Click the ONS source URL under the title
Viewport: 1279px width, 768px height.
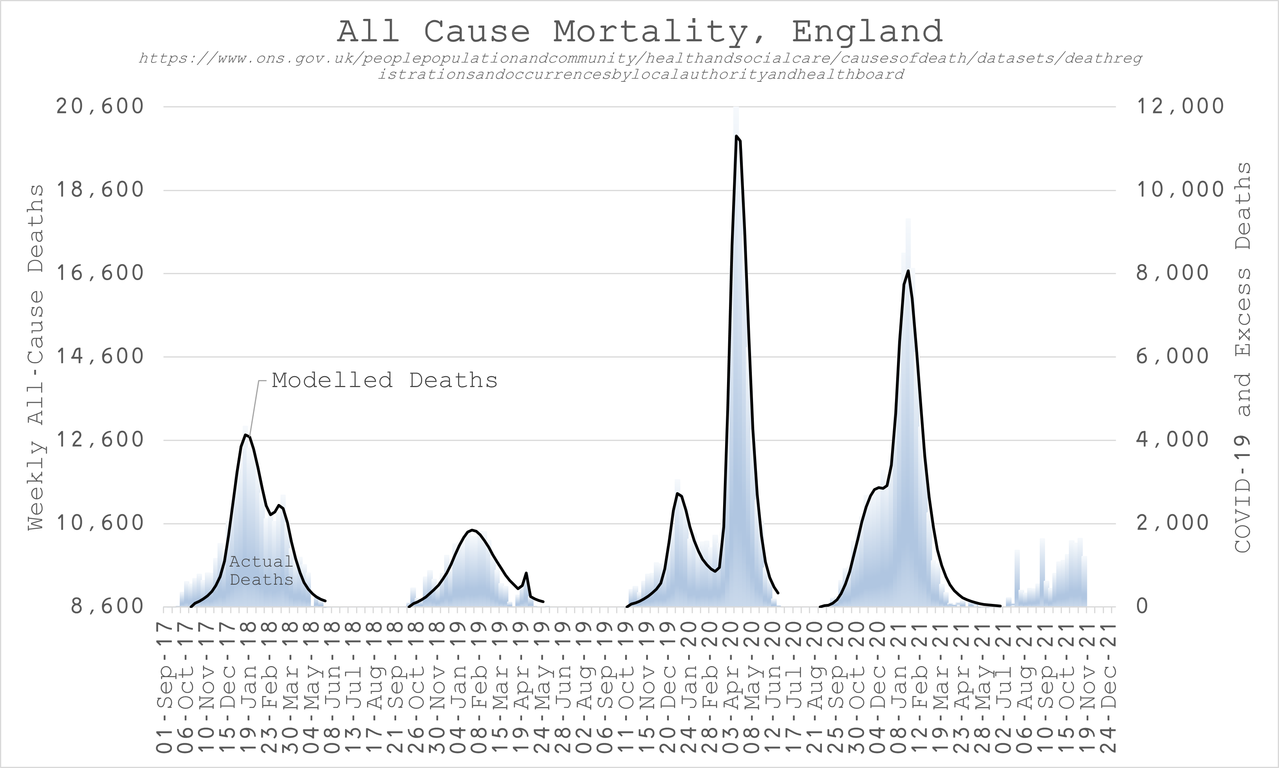pyautogui.click(x=640, y=66)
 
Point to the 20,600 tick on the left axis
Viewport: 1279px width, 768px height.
pyautogui.click(x=100, y=106)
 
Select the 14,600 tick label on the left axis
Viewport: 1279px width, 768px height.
pyautogui.click(x=100, y=356)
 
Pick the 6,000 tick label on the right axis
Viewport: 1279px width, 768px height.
pyautogui.click(x=1172, y=356)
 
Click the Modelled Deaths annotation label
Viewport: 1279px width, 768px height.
pyautogui.click(x=384, y=381)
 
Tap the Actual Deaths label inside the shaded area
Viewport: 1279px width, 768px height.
pyautogui.click(x=261, y=570)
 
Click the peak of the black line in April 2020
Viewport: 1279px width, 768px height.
pyautogui.click(x=736, y=137)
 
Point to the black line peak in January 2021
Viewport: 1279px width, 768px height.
pyautogui.click(x=908, y=271)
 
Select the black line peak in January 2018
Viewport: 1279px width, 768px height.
pyautogui.click(x=245, y=435)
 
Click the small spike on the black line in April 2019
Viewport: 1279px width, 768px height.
pyautogui.click(x=526, y=573)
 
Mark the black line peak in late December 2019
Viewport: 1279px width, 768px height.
pyautogui.click(x=677, y=493)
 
